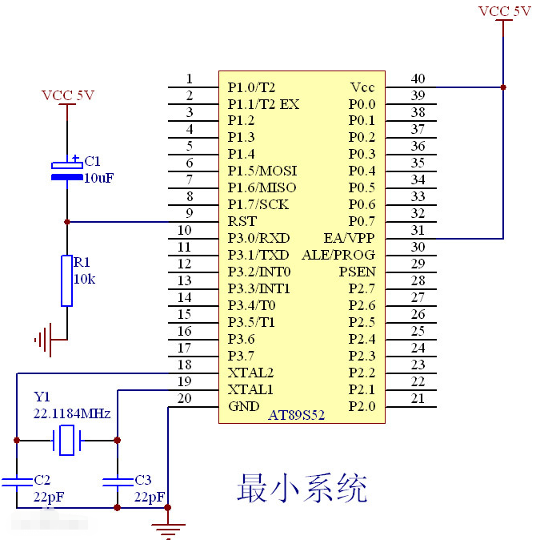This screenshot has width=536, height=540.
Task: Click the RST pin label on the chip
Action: pyautogui.click(x=242, y=221)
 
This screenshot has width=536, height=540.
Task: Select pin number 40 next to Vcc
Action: pyautogui.click(x=418, y=79)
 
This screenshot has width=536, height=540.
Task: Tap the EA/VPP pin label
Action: pyautogui.click(x=350, y=238)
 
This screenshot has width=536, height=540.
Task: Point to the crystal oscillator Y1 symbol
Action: pyautogui.click(x=66, y=440)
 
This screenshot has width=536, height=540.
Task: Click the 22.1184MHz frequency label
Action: pyautogui.click(x=71, y=413)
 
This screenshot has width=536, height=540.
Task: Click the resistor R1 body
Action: pyautogui.click(x=67, y=280)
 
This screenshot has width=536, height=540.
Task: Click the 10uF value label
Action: pyautogui.click(x=99, y=178)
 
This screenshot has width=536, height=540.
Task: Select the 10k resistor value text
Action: pyautogui.click(x=85, y=279)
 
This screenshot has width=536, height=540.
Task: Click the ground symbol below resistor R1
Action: pyautogui.click(x=44, y=340)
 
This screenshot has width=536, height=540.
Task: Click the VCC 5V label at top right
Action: pyautogui.click(x=504, y=10)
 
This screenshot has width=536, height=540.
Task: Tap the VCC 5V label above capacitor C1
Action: pyautogui.click(x=68, y=95)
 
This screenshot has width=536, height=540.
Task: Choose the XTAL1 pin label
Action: pyautogui.click(x=250, y=389)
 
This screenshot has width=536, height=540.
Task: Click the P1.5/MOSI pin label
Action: pyautogui.click(x=262, y=171)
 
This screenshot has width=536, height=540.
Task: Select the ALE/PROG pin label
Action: pyautogui.click(x=338, y=255)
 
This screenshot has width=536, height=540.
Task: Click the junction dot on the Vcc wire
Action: pyautogui.click(x=503, y=87)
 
